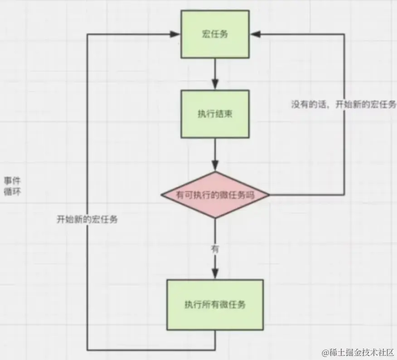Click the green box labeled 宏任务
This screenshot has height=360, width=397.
click(x=215, y=34)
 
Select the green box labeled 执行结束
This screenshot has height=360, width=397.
click(x=215, y=114)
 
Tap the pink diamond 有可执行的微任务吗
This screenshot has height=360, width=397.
click(x=215, y=195)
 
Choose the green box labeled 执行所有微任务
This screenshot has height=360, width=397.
click(x=215, y=304)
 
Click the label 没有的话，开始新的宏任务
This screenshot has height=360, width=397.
click(x=344, y=104)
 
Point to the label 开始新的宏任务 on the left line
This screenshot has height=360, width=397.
click(x=87, y=219)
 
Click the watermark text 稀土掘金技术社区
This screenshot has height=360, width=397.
click(x=358, y=352)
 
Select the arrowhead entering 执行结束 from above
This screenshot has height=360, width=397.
click(x=215, y=85)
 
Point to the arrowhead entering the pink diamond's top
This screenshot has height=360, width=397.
click(x=215, y=166)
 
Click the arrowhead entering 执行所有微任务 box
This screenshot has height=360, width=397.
click(x=215, y=274)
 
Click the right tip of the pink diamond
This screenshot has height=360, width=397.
click(x=269, y=195)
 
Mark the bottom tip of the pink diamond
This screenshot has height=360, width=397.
click(x=215, y=218)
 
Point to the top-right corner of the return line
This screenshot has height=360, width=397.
click(x=344, y=34)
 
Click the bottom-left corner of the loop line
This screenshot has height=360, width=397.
click(x=87, y=350)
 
